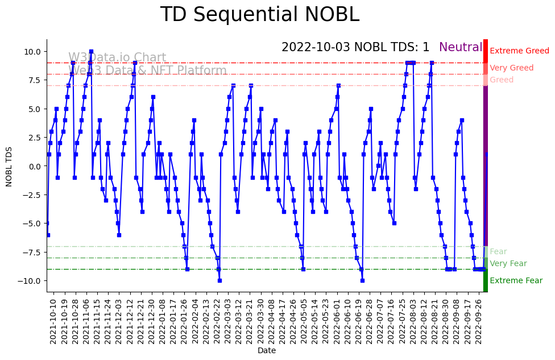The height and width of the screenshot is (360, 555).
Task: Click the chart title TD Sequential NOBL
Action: tap(259, 15)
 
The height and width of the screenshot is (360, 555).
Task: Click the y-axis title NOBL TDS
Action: tap(9, 165)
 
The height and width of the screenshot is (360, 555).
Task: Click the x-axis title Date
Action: tap(267, 351)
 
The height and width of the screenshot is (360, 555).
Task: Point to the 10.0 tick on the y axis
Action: tap(32, 51)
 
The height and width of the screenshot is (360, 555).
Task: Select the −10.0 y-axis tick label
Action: tap(30, 280)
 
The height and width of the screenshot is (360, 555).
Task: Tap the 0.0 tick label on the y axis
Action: tap(32, 166)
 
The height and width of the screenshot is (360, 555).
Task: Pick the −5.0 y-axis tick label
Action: tap(31, 223)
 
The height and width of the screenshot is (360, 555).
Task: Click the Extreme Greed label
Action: tap(519, 51)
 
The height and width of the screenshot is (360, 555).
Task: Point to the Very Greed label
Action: tap(511, 68)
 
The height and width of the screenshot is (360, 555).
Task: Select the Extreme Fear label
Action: tap(516, 281)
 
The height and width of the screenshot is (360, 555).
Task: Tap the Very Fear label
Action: tap(508, 264)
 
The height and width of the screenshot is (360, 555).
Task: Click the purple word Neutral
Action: tap(461, 47)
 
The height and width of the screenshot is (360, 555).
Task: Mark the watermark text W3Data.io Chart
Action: tap(117, 58)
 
